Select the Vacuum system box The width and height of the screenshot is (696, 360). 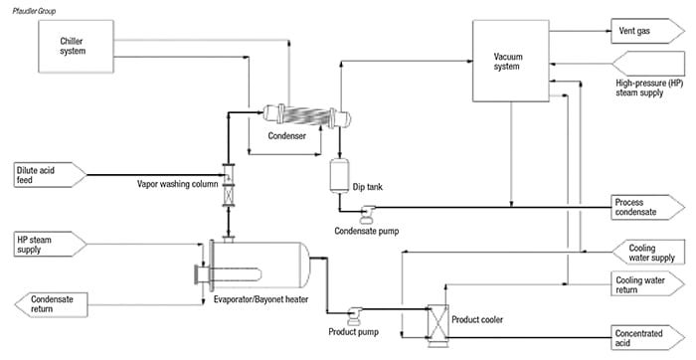pyautogui.click(x=509, y=65)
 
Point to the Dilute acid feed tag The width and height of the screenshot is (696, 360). pyautogui.click(x=42, y=177)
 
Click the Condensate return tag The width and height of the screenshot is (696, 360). pyautogui.click(x=51, y=302)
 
